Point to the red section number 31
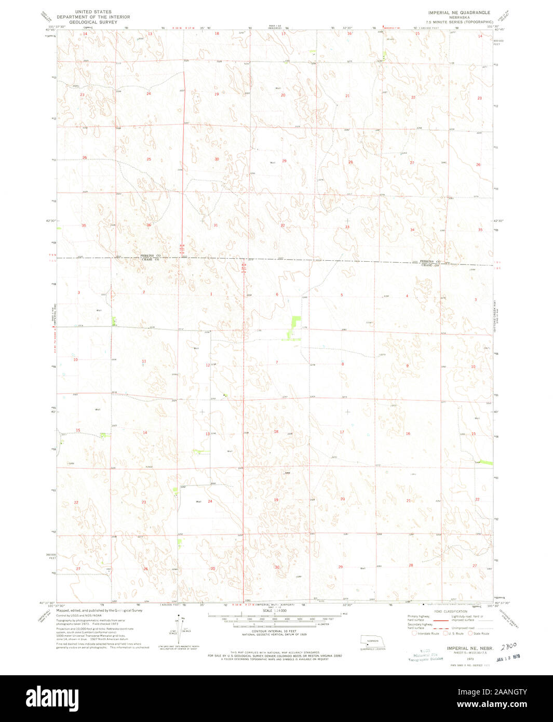click(x=215, y=225)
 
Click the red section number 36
click(x=149, y=225)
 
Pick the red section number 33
click(x=347, y=226)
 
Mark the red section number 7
click(x=277, y=362)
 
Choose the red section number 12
click(x=208, y=365)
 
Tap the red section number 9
click(x=407, y=366)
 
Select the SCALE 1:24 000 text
click(x=275, y=611)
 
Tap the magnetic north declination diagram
click(x=179, y=629)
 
